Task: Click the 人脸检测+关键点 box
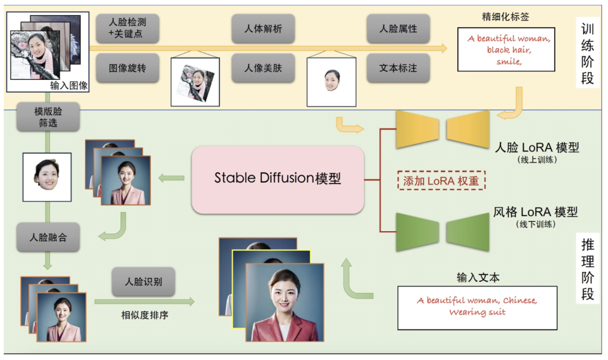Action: [x=127, y=29]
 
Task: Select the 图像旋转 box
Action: [x=127, y=68]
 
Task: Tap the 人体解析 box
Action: [x=263, y=29]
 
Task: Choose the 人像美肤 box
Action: [x=263, y=68]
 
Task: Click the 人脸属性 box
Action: [x=398, y=29]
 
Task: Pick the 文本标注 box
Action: [x=398, y=68]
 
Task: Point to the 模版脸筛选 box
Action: [x=48, y=116]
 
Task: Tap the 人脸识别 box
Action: [x=143, y=281]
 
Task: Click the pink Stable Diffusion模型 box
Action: [x=278, y=179]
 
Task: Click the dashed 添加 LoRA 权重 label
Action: [x=441, y=181]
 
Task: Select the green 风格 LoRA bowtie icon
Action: [x=442, y=232]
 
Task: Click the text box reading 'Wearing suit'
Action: [x=477, y=307]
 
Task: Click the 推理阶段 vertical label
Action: [x=587, y=269]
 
